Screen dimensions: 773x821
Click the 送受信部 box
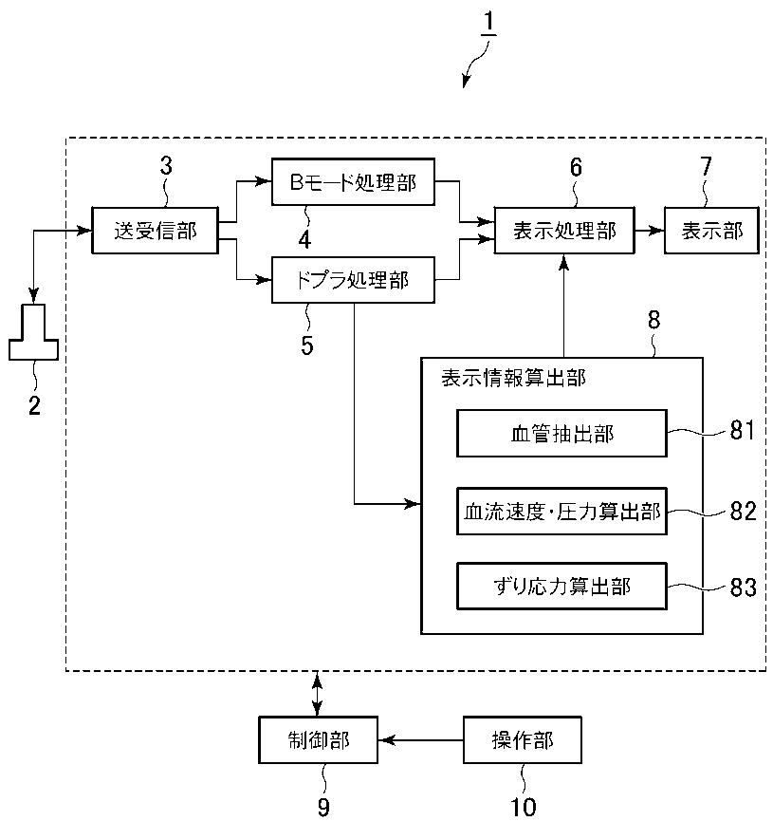[x=155, y=231]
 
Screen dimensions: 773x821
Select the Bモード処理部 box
[x=353, y=181]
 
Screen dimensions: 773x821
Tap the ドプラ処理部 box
[x=353, y=280]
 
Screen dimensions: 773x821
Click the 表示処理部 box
[x=564, y=231]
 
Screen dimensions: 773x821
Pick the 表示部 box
[x=711, y=231]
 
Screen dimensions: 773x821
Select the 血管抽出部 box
[x=562, y=434]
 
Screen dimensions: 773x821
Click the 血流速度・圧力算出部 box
[x=562, y=511]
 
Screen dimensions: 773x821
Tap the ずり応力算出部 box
[x=562, y=586]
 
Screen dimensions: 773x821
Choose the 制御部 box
[x=318, y=739]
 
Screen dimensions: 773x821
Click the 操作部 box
[x=523, y=739]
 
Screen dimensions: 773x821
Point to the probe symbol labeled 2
[x=33, y=332]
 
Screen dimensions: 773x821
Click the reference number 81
[x=742, y=430]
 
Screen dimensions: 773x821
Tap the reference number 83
[x=744, y=588]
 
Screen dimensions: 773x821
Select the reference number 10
[x=523, y=808]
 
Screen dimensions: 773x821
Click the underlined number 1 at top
[x=488, y=22]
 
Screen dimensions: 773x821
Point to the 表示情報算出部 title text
[x=513, y=378]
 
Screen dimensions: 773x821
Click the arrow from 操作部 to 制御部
[x=421, y=739]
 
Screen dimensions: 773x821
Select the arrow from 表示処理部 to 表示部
[x=650, y=231]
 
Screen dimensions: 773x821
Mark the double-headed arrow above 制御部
[x=317, y=694]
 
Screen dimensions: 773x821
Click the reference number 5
[x=307, y=345]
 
